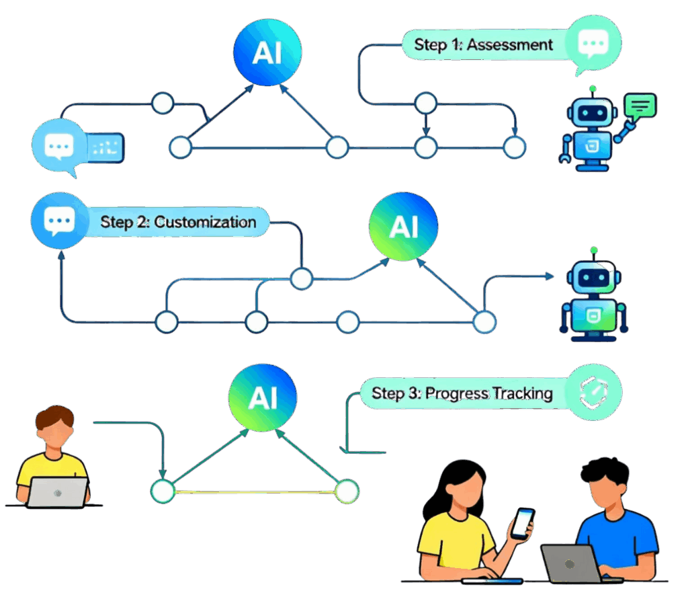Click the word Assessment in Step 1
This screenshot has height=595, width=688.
(510, 45)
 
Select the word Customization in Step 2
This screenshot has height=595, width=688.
(205, 221)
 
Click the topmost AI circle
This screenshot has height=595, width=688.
(267, 52)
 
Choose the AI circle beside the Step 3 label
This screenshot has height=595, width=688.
(262, 397)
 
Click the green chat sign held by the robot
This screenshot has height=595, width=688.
(640, 106)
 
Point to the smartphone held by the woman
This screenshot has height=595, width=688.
(522, 522)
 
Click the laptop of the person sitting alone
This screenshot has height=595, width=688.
(57, 491)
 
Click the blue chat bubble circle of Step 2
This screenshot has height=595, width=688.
(57, 221)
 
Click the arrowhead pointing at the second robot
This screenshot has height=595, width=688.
(549, 275)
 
